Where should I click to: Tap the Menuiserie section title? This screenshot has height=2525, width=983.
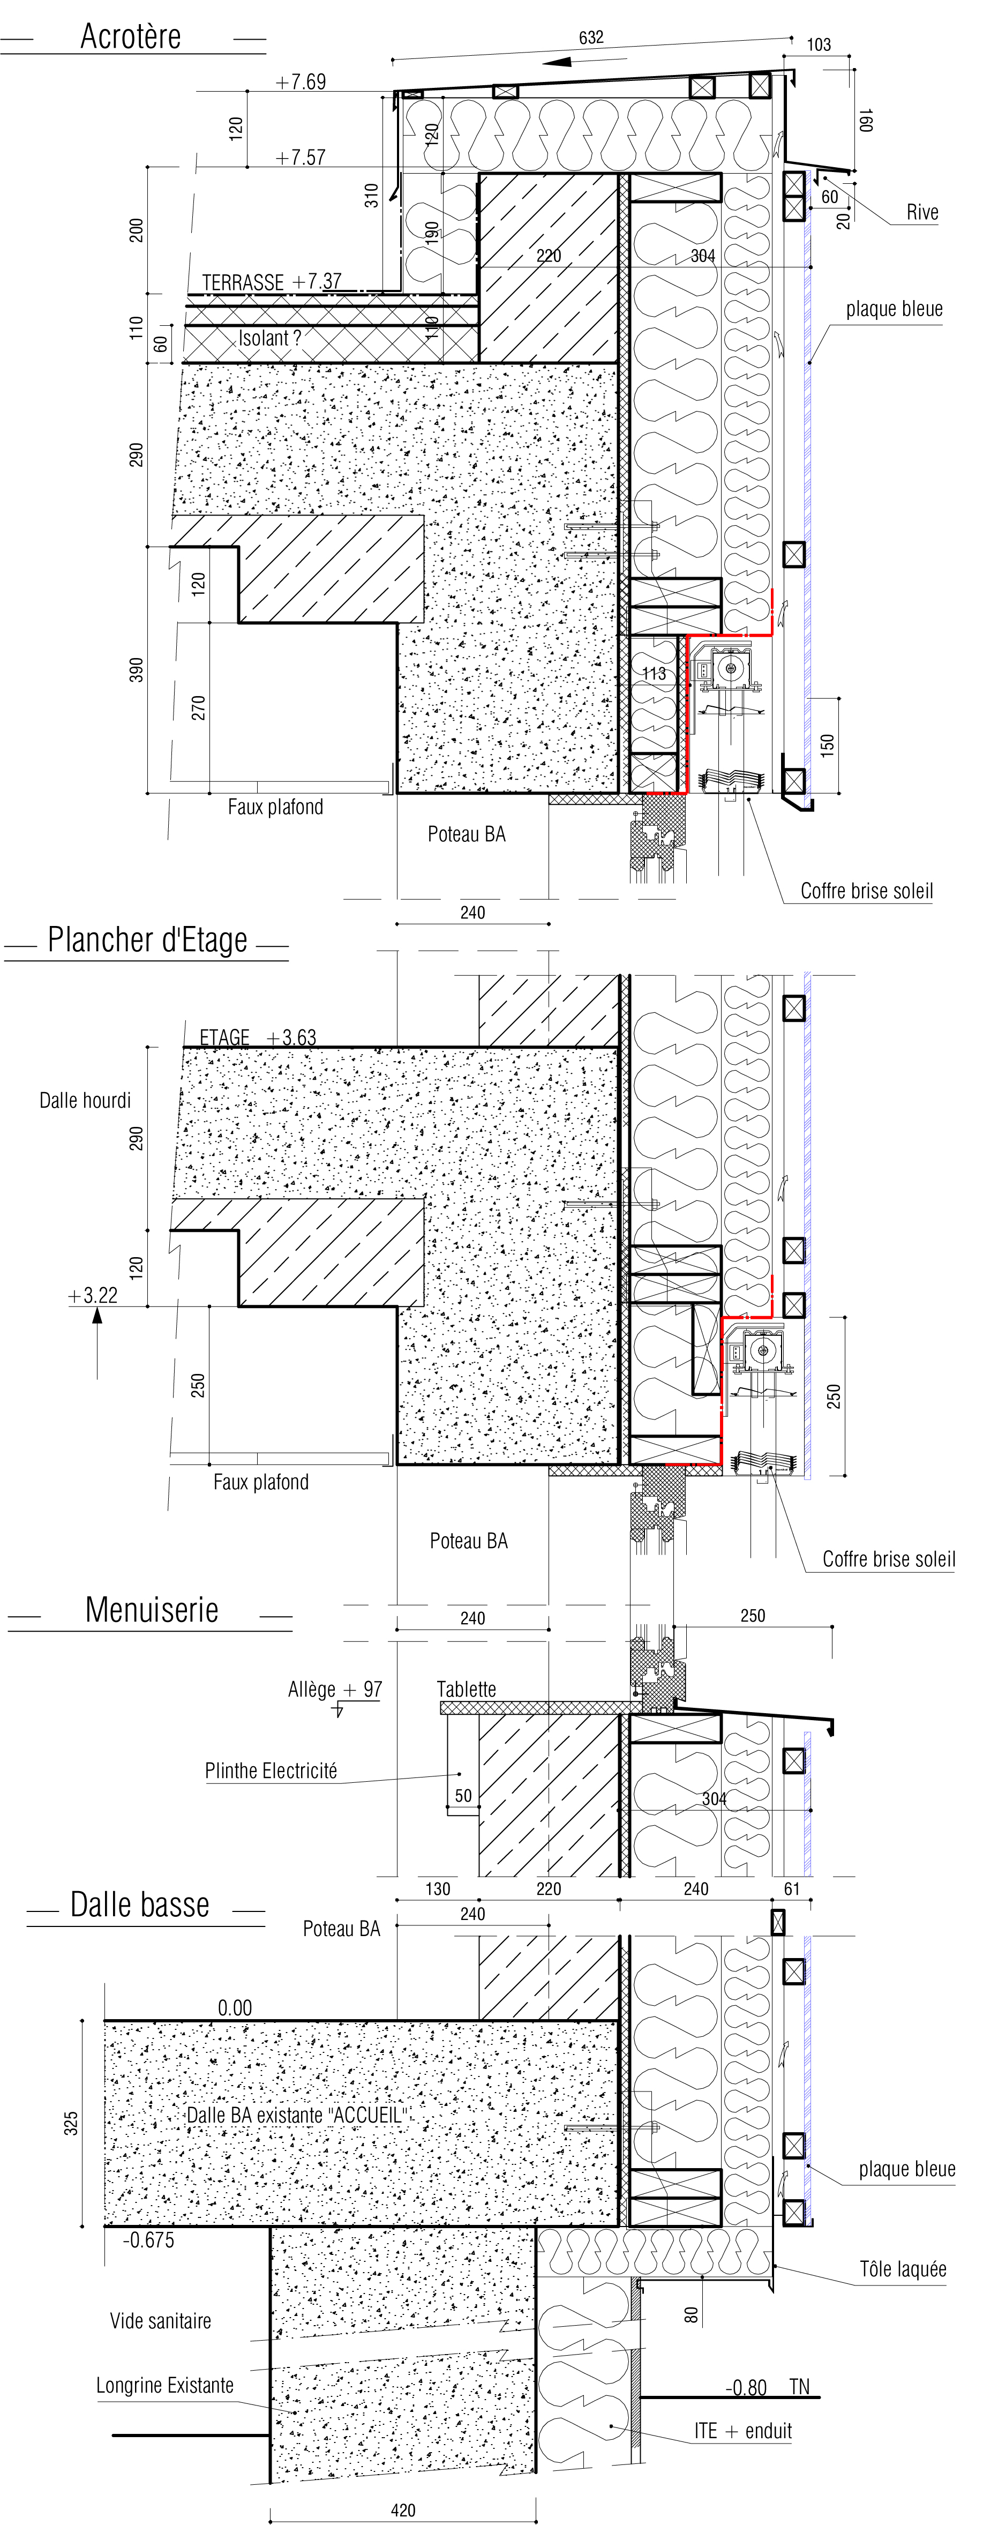152,1610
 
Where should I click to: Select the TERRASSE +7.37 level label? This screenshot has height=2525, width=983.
272,282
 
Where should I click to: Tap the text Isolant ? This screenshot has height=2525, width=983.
269,338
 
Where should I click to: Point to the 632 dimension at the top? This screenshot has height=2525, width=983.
591,38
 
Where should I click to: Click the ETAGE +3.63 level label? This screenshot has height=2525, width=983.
258,1037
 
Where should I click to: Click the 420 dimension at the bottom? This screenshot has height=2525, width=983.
403,2511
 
